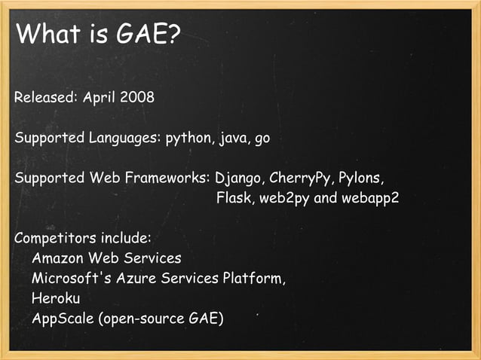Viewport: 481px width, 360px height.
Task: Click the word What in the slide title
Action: tap(47, 34)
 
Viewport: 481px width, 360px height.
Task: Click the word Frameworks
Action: tap(170, 179)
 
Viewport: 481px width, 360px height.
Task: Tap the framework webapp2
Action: tap(369, 200)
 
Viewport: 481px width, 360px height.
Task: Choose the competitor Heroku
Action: tap(56, 298)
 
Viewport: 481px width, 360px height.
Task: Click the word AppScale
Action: tap(63, 319)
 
